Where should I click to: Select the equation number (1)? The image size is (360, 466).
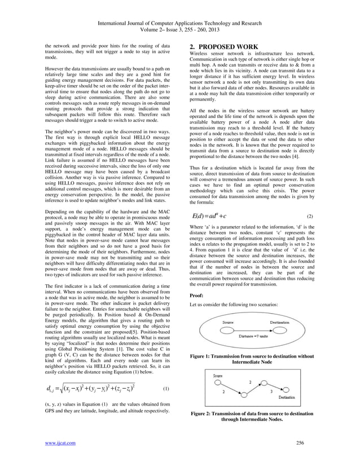[x=165, y=389]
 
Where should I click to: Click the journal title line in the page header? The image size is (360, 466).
[x=179, y=25]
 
